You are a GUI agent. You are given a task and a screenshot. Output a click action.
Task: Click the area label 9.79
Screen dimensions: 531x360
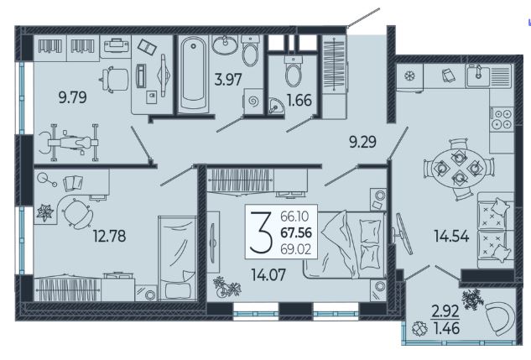72,97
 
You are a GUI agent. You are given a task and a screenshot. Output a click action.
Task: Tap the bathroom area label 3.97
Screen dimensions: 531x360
228,80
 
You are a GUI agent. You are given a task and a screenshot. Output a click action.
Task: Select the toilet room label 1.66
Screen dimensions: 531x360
299,100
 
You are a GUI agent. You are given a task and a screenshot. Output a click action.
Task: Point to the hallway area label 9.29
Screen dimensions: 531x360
362,142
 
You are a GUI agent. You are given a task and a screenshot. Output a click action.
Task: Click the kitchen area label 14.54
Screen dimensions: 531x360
452,236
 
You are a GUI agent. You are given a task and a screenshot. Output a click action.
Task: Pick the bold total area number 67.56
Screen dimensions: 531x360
296,232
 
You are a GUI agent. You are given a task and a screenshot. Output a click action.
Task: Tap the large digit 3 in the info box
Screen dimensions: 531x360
261,232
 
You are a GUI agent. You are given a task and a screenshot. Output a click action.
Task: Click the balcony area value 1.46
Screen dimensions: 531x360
446,328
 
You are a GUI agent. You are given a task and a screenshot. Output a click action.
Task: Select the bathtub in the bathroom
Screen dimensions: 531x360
193,74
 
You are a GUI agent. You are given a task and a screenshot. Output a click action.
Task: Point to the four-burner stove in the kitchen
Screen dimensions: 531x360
502,118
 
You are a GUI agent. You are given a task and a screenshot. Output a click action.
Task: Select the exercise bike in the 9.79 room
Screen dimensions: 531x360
69,143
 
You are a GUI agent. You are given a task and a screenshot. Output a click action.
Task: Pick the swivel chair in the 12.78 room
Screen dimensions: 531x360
78,214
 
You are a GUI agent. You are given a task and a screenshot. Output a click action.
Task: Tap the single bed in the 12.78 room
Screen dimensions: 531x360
178,258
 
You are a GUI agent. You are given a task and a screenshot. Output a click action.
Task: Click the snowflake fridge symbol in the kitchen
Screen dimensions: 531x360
410,76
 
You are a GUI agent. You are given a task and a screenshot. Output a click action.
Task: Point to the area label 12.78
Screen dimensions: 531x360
109,236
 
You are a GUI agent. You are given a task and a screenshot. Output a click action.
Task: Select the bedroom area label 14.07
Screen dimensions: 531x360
268,275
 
